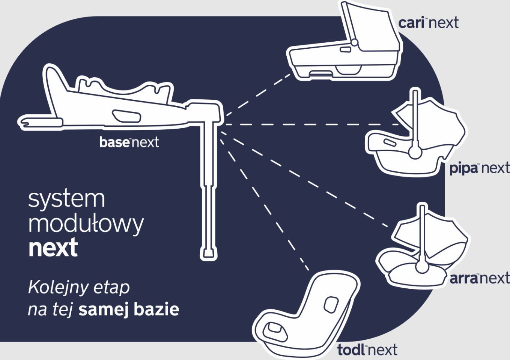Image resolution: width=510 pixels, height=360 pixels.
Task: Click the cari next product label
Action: pos(428,23)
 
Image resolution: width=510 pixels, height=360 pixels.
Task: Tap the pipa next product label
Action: pos(479,168)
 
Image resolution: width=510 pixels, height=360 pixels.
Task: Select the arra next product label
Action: pos(479,279)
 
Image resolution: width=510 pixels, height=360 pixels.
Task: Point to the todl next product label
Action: pos(367,350)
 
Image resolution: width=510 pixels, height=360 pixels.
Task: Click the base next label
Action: pos(129,142)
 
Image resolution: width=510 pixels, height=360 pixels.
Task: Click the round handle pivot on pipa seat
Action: pos(415,152)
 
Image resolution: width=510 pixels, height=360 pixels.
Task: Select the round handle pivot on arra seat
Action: pos(422,267)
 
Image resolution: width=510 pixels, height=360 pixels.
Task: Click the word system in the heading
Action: pos(66,199)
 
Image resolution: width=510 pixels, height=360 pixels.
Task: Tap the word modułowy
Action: pos(86,223)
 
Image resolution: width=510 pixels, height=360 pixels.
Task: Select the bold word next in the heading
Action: pos(53,247)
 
